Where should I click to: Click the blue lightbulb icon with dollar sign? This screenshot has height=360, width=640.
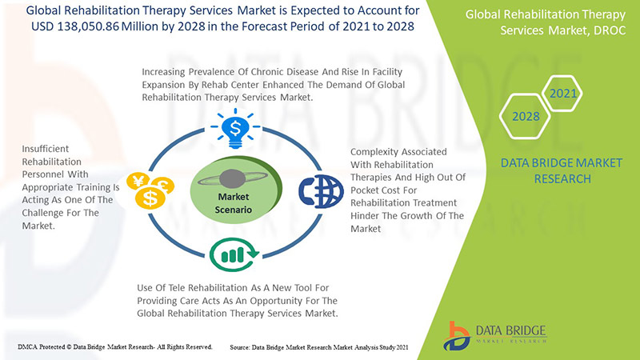235,128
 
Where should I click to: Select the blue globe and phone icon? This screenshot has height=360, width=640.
321,191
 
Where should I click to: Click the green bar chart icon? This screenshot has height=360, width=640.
234,254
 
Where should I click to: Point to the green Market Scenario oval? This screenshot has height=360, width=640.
235,192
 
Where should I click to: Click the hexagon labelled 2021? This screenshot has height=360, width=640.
562,94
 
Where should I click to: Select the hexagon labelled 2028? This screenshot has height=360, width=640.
526,116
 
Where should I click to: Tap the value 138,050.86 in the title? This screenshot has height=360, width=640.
88,26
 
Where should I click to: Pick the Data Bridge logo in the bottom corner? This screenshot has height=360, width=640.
495,335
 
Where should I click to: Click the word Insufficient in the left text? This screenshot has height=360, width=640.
46,149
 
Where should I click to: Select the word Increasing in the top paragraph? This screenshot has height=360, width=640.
163,72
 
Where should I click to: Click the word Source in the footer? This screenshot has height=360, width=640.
239,347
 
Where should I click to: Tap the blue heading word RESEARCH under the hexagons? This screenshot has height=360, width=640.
562,178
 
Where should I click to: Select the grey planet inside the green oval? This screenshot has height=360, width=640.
232,178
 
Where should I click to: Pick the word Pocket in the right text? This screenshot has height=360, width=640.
365,190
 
